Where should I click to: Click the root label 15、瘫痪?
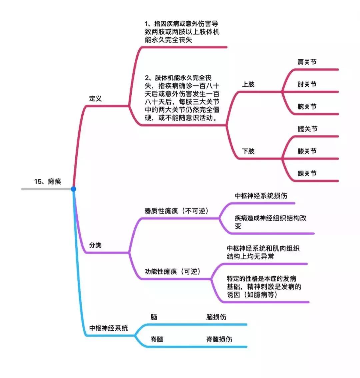pyautogui.click(x=48, y=181)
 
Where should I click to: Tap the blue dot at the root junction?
pyautogui.click(x=73, y=189)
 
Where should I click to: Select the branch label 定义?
pyautogui.click(x=95, y=98)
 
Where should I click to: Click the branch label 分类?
pyautogui.click(x=95, y=245)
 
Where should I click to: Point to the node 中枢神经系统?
pyautogui.click(x=109, y=328)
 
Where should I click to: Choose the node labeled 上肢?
pyautogui.click(x=248, y=84)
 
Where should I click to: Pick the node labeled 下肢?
pyautogui.click(x=248, y=151)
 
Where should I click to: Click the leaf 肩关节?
pyautogui.click(x=307, y=62)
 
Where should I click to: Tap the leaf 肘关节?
pyautogui.click(x=307, y=84)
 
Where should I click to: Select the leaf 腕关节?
pyautogui.click(x=307, y=107)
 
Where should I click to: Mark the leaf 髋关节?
pyautogui.click(x=307, y=129)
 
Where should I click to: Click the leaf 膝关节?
pyautogui.click(x=307, y=151)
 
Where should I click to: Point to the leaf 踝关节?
pyautogui.click(x=307, y=173)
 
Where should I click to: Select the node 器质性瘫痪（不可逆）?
pyautogui.click(x=177, y=211)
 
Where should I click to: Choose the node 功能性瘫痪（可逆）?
pyautogui.click(x=173, y=271)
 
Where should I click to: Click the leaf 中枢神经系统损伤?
pyautogui.click(x=261, y=196)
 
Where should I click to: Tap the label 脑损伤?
pyautogui.click(x=216, y=317)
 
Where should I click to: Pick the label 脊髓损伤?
pyautogui.click(x=219, y=339)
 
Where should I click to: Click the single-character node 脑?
pyautogui.click(x=154, y=317)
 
